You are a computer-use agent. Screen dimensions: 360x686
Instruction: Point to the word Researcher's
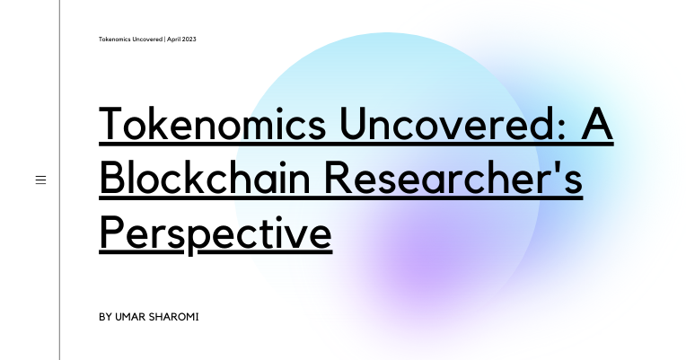[x=453, y=178]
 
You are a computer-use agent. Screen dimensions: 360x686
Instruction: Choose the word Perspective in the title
[x=215, y=232]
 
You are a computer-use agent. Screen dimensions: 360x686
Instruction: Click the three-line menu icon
[x=40, y=180]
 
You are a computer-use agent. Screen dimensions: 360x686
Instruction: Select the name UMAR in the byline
[x=131, y=318]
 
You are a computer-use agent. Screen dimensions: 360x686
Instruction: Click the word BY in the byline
[x=105, y=318]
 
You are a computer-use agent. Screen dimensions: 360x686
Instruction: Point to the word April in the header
[x=174, y=40]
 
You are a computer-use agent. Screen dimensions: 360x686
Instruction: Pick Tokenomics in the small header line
[x=116, y=40]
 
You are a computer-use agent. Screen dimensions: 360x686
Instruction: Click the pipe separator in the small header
[x=165, y=40]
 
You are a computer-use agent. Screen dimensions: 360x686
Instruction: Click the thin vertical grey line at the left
[x=60, y=180]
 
